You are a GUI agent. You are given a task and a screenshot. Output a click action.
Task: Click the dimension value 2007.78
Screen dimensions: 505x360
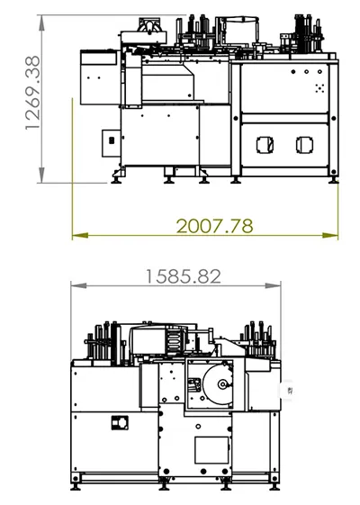coord(214,224)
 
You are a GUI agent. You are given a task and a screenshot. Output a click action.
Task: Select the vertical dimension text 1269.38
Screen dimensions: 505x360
coord(33,94)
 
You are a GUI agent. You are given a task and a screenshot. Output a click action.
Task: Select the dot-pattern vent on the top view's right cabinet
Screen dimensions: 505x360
coord(319,88)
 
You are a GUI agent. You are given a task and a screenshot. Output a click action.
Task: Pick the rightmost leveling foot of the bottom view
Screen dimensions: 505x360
coord(274,486)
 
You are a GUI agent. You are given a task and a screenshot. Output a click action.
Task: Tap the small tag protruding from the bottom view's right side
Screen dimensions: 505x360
coord(287,390)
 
